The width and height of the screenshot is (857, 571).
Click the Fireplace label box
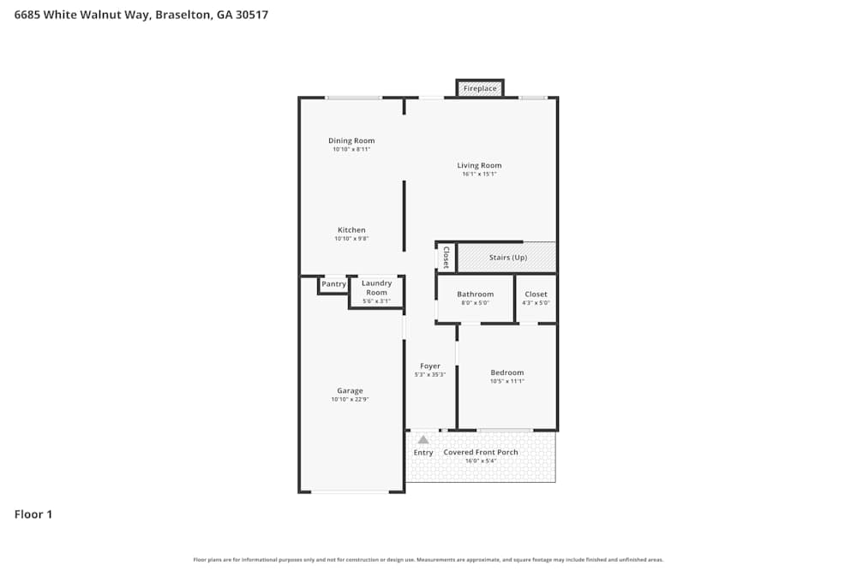pos(480,88)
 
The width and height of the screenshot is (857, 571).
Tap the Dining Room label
pos(351,140)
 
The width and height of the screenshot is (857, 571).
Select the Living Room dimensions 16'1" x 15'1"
pos(479,174)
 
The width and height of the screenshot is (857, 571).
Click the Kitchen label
pos(351,229)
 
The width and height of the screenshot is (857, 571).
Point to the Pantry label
pos(333,284)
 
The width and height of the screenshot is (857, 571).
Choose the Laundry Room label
pos(376,288)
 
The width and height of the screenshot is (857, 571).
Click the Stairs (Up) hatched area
pos(507,258)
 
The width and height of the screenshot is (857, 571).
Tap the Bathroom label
pos(475,294)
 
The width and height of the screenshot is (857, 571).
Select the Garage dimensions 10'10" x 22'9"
pos(350,399)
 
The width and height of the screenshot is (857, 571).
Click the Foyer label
pos(430,366)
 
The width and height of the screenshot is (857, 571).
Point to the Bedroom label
pos(507,372)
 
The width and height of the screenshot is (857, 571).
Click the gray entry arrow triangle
pos(423,440)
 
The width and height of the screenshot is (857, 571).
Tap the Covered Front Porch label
pos(481,452)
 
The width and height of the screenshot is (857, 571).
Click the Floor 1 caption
pos(33,514)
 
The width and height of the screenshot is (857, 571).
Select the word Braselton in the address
pos(183,15)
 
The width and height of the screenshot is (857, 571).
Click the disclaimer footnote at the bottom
pos(428,560)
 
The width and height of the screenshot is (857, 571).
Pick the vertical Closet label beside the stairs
pos(446,258)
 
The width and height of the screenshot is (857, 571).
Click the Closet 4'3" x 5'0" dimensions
pos(536,302)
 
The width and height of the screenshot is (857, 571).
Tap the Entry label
pos(423,452)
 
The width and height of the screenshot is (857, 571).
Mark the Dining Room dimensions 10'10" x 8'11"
pos(351,149)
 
